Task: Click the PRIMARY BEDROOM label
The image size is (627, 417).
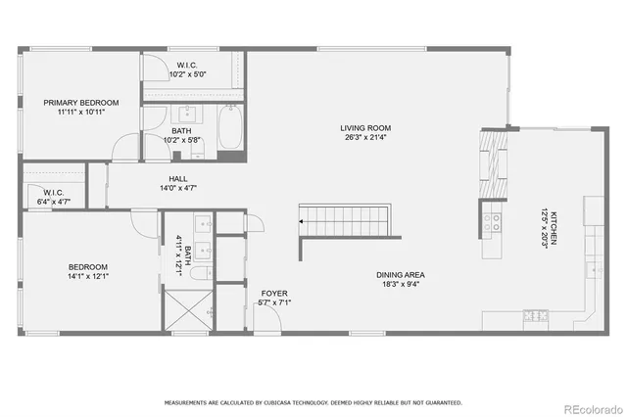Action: click(x=80, y=103)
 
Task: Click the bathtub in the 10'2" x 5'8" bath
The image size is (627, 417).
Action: click(x=231, y=127)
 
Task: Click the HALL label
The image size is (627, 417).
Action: click(x=178, y=178)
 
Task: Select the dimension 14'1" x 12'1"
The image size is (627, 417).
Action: click(x=87, y=278)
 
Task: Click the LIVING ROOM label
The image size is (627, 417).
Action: click(x=365, y=127)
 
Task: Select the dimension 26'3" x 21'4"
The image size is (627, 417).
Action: click(x=365, y=138)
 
